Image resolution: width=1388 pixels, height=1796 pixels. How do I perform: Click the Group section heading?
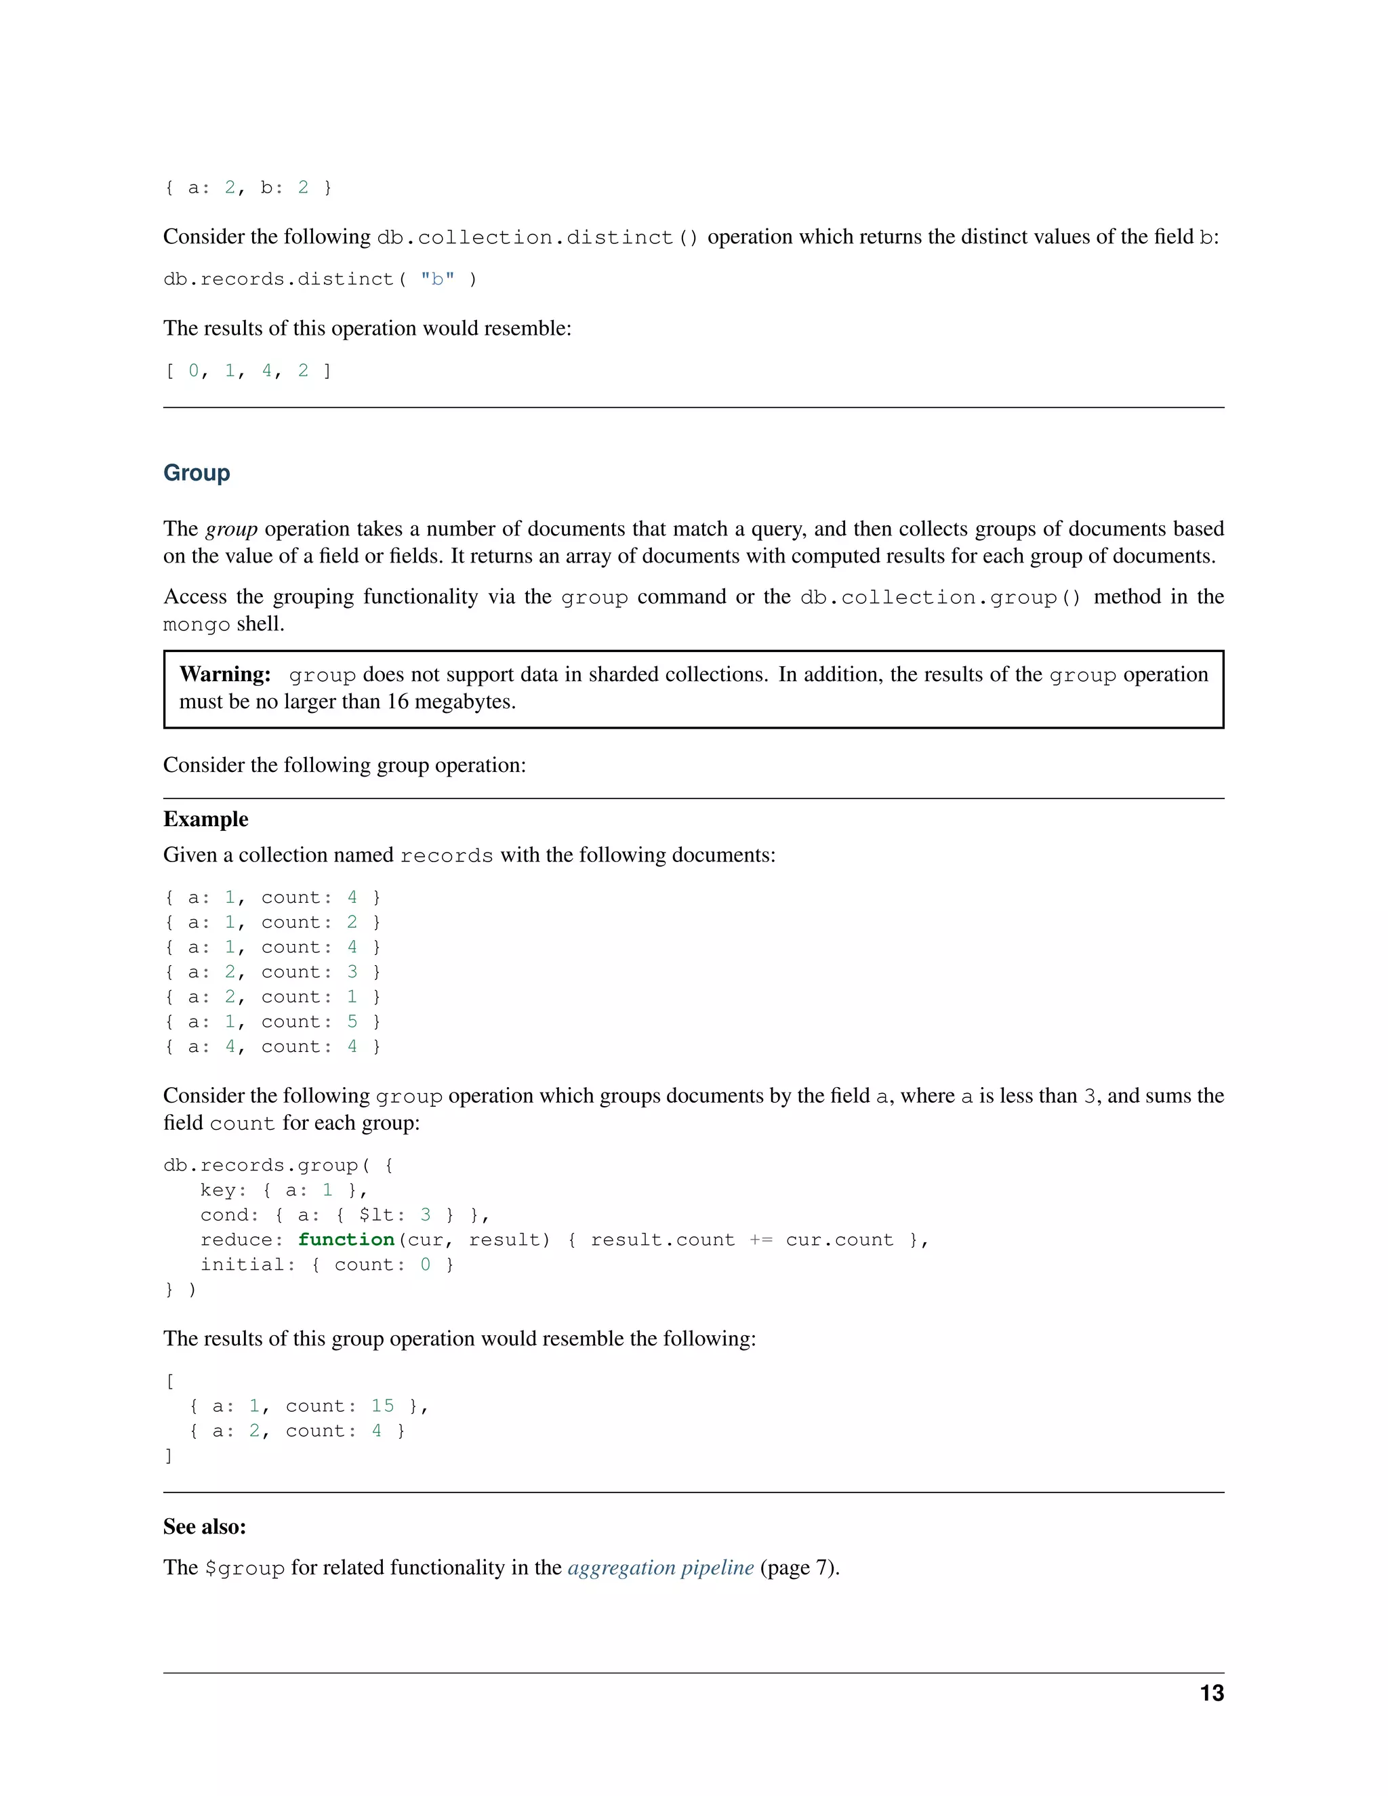click(x=197, y=473)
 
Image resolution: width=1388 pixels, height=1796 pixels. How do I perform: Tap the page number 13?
click(x=1211, y=1693)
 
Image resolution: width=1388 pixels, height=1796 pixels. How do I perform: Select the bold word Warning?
click(x=224, y=674)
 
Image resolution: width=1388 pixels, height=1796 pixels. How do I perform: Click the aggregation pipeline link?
click(x=660, y=1568)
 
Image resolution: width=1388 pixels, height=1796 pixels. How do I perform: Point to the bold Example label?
click(x=205, y=819)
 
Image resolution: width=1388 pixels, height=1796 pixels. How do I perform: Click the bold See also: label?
click(x=205, y=1526)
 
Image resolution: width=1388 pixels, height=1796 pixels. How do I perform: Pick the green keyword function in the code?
click(x=346, y=1240)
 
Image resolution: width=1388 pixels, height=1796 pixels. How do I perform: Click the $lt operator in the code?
click(x=377, y=1215)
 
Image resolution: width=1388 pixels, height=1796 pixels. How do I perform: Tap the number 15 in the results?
click(x=382, y=1406)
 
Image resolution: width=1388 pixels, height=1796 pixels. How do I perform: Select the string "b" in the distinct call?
click(x=437, y=280)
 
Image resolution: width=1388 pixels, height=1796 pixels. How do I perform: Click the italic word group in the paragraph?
click(x=231, y=529)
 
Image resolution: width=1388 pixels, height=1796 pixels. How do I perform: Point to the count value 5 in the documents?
click(x=352, y=1021)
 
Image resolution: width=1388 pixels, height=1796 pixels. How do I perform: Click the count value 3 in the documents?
click(x=352, y=972)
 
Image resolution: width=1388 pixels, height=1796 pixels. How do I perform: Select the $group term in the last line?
click(x=245, y=1568)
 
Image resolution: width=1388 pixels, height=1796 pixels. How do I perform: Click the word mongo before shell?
click(x=197, y=625)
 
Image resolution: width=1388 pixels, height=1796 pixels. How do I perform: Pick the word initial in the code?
click(x=243, y=1264)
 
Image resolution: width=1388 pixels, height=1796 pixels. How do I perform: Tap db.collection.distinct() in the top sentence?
click(x=537, y=238)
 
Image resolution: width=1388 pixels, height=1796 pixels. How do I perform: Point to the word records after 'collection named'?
click(x=447, y=856)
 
